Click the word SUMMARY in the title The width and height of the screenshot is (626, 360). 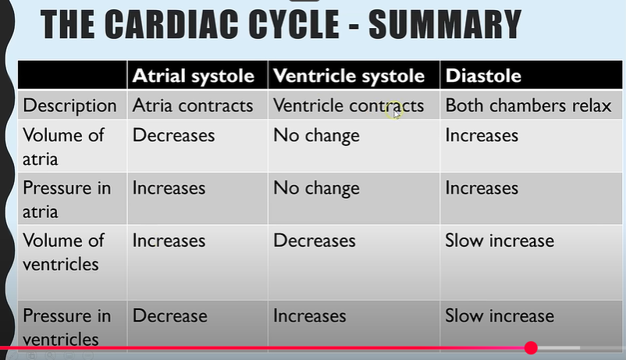pos(445,24)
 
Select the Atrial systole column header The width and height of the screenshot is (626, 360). pos(194,76)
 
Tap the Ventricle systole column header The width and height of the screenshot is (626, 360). pos(349,76)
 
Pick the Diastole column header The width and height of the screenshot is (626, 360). pos(483,76)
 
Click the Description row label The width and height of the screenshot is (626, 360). pos(70,106)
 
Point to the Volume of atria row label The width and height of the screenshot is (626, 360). pos(63,147)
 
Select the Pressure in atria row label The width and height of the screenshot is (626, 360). pos(66,200)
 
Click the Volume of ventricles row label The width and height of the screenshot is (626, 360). pos(63,252)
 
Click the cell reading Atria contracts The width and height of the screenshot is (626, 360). pos(193,105)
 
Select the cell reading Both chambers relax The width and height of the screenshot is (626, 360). pos(528,105)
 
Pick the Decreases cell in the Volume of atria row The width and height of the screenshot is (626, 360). pos(173,135)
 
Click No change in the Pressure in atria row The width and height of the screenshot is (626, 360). pos(316,189)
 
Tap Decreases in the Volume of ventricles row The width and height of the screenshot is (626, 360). pos(315,241)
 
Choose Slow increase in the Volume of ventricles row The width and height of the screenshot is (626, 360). pos(500,241)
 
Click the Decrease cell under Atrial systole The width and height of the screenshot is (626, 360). pos(169,316)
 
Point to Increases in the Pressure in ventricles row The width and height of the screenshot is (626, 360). pos(309,316)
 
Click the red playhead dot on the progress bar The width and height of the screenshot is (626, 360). pos(531,348)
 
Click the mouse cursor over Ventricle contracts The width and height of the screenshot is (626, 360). pos(396,113)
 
